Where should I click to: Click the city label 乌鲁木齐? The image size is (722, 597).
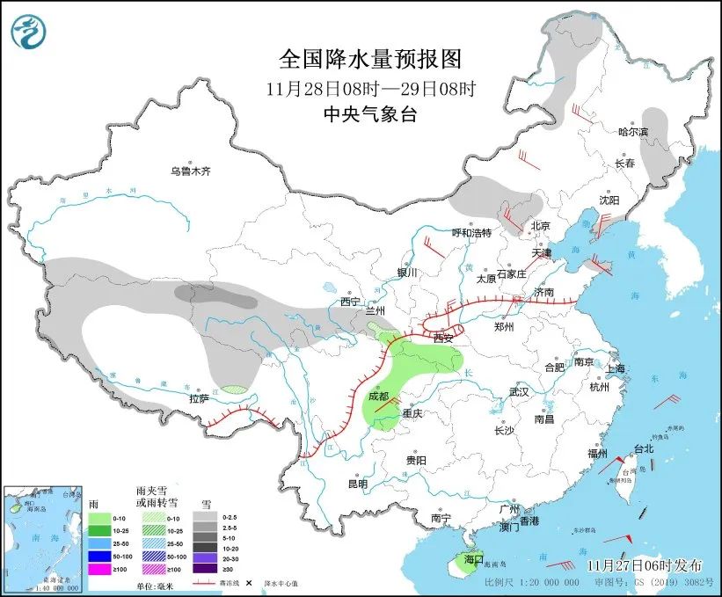point(191,171)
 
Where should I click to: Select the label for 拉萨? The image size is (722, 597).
point(200,398)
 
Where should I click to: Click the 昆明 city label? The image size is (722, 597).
point(357,484)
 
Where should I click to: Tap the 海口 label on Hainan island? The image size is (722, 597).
point(474,558)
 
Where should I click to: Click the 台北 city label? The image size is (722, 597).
point(644,448)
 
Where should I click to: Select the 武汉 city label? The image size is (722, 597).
point(519,392)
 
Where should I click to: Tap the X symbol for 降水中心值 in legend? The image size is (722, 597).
point(249,582)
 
